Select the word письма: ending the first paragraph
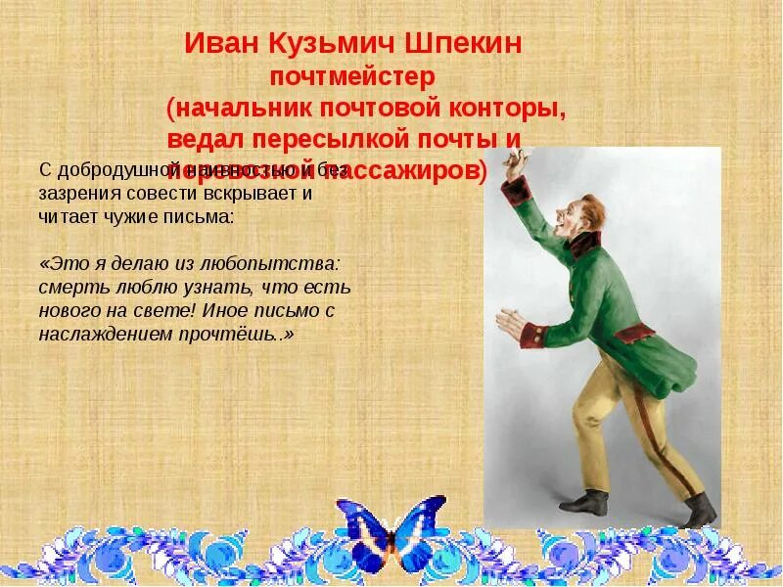[x=201, y=215]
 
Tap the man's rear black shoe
[x=699, y=509]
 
